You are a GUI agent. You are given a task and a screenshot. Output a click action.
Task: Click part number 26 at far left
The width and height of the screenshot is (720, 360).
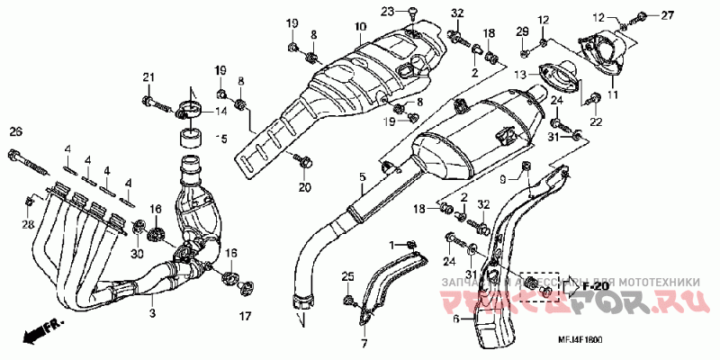coord(15,132)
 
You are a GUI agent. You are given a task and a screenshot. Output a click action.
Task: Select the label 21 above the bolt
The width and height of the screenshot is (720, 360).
coord(148,76)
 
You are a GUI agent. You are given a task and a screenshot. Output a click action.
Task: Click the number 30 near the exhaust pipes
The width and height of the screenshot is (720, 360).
coord(137,253)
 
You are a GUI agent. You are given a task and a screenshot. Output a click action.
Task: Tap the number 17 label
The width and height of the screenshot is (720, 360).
coord(243,316)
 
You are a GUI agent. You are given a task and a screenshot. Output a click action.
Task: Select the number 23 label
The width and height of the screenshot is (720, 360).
coord(387,11)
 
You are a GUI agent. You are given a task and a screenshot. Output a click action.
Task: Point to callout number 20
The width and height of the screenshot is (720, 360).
coord(304,187)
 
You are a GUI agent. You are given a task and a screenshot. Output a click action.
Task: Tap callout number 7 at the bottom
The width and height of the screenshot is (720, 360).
coord(364,344)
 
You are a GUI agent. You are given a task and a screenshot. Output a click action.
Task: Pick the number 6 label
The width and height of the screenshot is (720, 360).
coord(456,318)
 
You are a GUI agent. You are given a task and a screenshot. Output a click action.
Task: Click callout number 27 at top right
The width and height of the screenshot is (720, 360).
coord(668,15)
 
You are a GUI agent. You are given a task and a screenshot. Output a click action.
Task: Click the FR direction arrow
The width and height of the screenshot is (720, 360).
coord(39,333)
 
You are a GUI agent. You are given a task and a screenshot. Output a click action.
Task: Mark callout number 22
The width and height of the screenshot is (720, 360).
coord(594,121)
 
